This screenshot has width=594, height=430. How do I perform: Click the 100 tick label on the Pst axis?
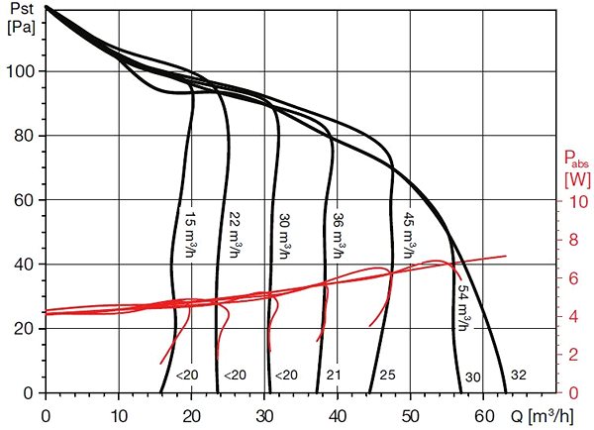21,71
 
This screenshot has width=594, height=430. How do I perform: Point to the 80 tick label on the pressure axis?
25,136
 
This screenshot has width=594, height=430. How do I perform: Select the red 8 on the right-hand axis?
573,240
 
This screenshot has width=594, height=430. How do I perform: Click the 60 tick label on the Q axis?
483,416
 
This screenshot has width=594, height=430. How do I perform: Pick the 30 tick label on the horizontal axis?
264,416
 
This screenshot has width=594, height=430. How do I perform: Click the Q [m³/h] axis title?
543,416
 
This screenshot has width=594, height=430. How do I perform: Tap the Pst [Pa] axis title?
22,18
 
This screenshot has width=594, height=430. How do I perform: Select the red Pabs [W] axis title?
577,168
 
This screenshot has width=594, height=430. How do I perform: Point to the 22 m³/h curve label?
236,235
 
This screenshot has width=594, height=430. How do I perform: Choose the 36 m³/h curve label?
339,235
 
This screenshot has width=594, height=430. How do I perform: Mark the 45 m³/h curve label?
409,235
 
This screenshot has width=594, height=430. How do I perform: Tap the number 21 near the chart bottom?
334,376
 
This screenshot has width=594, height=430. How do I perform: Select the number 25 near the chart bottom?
387,376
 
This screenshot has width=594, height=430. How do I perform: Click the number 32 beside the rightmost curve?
519,375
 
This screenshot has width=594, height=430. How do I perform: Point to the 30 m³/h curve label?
285,235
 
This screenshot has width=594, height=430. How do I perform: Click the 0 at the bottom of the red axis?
573,392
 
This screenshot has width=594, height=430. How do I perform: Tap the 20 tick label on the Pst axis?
25,328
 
